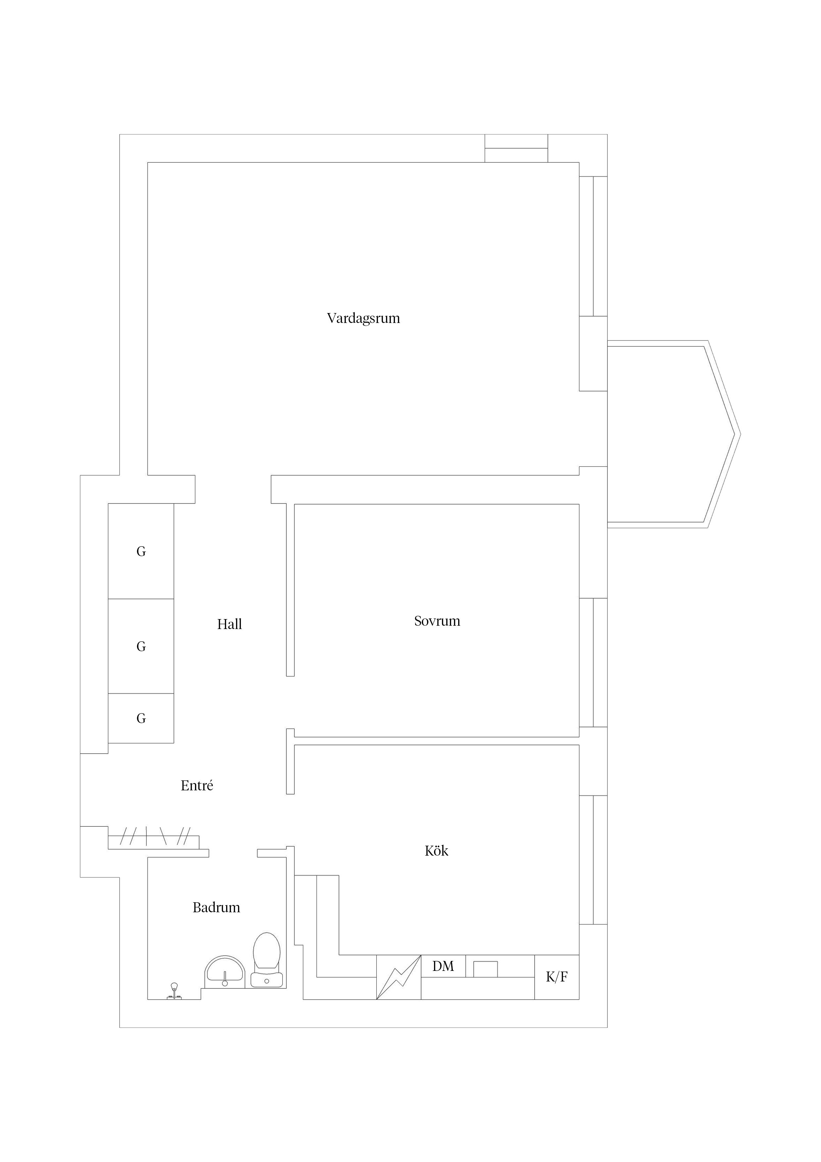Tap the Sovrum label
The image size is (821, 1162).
[437, 621]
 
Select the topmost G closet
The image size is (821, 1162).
[141, 551]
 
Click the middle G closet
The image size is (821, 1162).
[141, 646]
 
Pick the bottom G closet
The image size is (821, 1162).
[141, 718]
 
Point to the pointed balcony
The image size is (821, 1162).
[674, 434]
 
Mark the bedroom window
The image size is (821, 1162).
[593, 662]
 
